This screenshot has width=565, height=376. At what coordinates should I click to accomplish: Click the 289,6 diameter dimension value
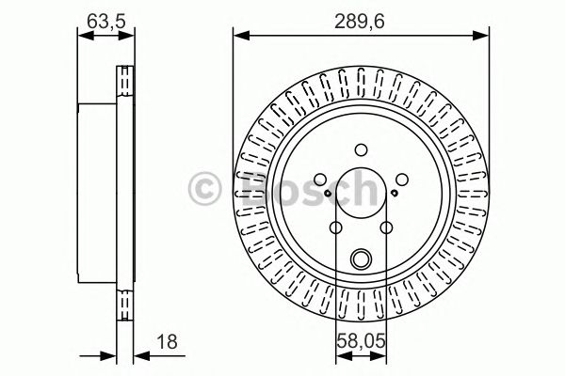pyautogui.click(x=361, y=18)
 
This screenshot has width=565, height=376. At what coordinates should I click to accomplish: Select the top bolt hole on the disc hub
pyautogui.click(x=361, y=148)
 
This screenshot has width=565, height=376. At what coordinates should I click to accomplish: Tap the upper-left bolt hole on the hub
pyautogui.click(x=320, y=179)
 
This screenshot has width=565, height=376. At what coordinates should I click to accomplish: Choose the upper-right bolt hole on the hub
pyautogui.click(x=401, y=179)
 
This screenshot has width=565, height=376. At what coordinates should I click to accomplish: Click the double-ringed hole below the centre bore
pyautogui.click(x=361, y=259)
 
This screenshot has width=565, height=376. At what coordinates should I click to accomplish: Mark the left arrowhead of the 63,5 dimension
pyautogui.click(x=82, y=37)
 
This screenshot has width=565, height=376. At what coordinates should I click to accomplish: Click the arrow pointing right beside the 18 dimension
pyautogui.click(x=106, y=355)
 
